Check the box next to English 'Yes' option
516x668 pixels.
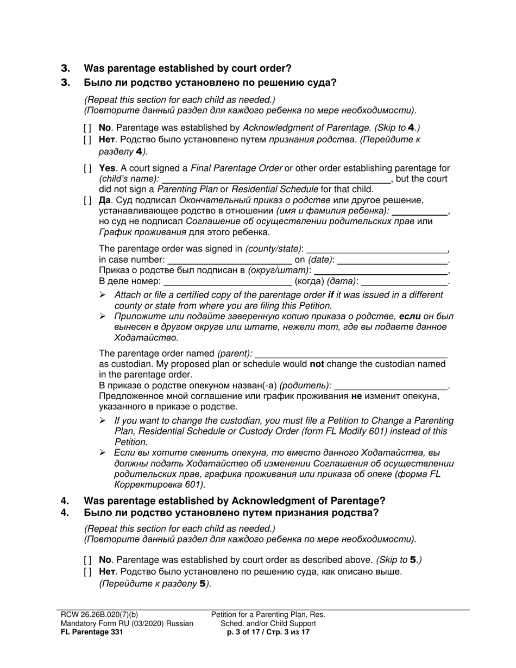coord(87,169)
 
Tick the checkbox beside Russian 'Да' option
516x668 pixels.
coord(87,200)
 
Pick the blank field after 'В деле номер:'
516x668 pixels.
coord(227,282)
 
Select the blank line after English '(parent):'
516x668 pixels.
coord(351,354)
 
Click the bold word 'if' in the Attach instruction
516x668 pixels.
coord(330,295)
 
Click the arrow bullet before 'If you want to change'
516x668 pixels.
coord(103,421)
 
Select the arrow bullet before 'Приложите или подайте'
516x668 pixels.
coord(103,317)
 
